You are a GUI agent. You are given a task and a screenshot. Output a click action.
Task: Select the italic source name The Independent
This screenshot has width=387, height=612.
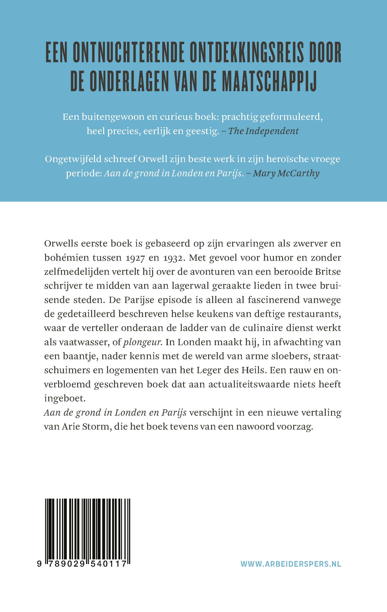click(264, 131)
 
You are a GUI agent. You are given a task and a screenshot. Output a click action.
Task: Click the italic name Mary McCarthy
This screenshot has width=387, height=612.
click(286, 173)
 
